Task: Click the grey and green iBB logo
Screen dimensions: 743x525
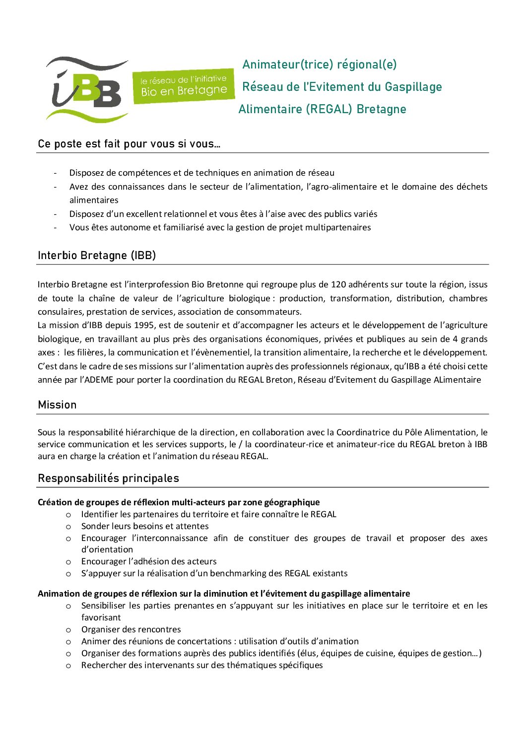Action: [x=87, y=89]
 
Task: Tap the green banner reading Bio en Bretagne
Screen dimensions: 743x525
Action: [x=184, y=86]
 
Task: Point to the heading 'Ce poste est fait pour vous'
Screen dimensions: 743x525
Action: [x=129, y=144]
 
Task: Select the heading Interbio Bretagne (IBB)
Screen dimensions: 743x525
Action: [x=97, y=256]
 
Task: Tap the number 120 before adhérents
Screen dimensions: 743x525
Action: [x=338, y=284]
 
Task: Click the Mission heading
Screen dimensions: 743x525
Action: [x=57, y=405]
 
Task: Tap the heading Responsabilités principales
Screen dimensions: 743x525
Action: [x=108, y=478]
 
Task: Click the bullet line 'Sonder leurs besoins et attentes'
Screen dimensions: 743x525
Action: [x=145, y=526]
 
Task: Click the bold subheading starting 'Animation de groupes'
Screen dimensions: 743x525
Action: [x=224, y=594]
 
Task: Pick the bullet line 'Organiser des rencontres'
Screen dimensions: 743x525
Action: [x=131, y=629]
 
